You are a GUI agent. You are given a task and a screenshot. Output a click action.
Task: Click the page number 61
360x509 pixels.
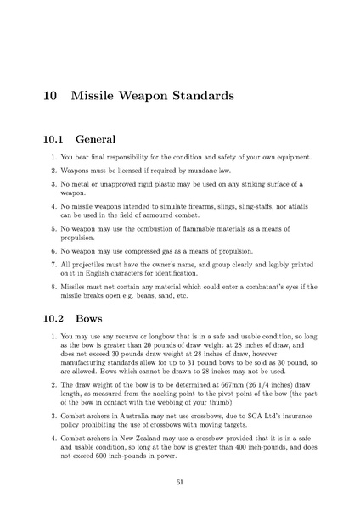(180, 481)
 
